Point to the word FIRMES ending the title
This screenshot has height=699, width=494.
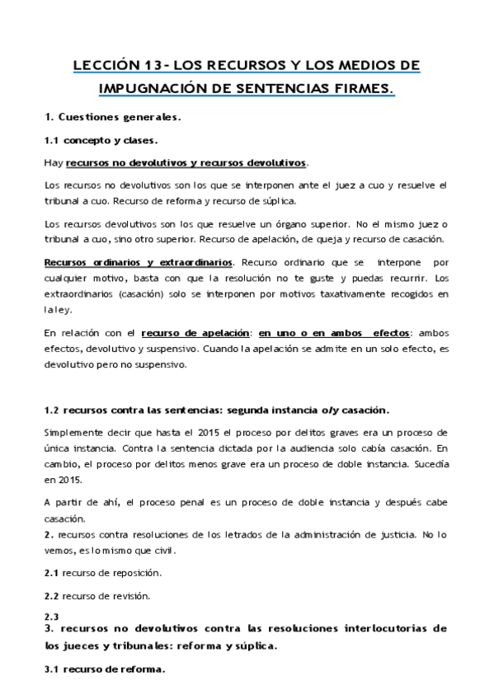[x=364, y=87]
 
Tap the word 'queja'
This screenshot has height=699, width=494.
[x=332, y=239]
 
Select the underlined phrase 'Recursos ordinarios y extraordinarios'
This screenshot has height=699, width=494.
[x=138, y=262]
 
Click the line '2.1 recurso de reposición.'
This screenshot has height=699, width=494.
[x=102, y=571]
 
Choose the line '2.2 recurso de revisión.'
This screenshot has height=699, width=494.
[x=96, y=594]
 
